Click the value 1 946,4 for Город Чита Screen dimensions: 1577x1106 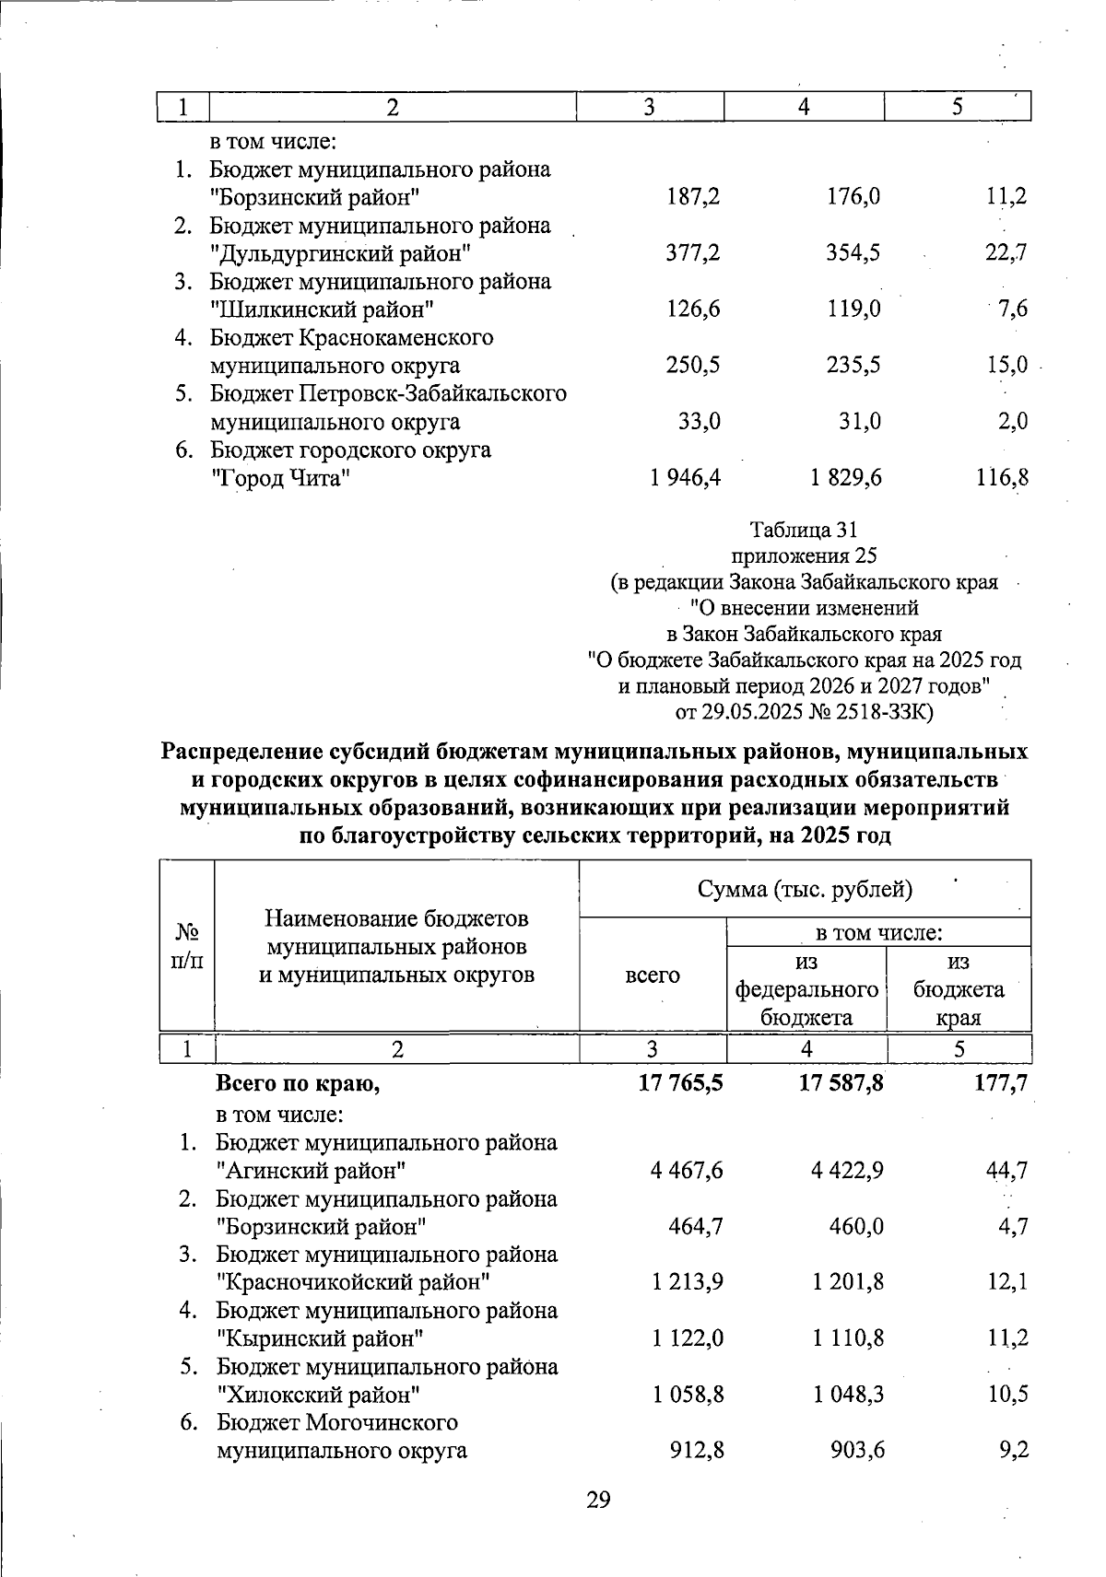[685, 478]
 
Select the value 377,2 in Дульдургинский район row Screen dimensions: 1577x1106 [693, 253]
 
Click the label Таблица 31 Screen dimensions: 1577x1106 [804, 530]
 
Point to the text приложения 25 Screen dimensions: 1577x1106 [804, 555]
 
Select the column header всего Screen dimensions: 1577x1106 [653, 975]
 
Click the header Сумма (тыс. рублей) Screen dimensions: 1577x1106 [805, 889]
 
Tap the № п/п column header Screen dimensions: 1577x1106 [187, 946]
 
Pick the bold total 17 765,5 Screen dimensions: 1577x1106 [680, 1084]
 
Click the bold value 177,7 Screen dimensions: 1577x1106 [1001, 1084]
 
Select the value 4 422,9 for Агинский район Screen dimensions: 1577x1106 [848, 1171]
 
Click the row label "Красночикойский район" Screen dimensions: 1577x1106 [353, 1282]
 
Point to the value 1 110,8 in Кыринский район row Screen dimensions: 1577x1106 [848, 1338]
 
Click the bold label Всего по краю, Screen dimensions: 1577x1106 [299, 1084]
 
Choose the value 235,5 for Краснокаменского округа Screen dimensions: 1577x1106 [853, 366]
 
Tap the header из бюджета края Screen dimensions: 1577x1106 [959, 989]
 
